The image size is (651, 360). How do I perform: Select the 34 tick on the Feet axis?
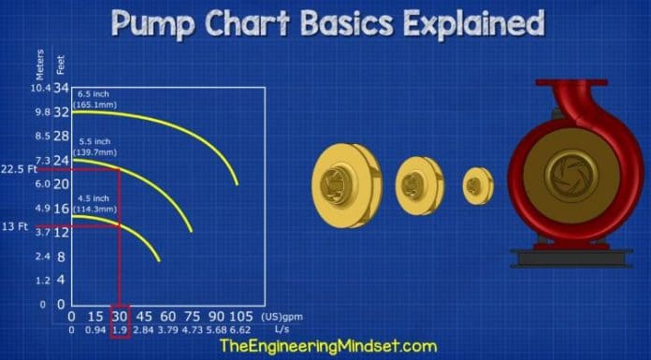click(62, 89)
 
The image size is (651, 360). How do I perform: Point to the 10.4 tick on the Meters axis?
click(39, 89)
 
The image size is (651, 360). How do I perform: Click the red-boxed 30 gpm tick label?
click(120, 318)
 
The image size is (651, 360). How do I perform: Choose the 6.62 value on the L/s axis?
click(241, 330)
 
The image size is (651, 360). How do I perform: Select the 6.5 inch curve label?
click(97, 99)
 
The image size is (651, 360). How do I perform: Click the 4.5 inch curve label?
click(97, 203)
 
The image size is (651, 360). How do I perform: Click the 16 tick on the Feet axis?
click(62, 209)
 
